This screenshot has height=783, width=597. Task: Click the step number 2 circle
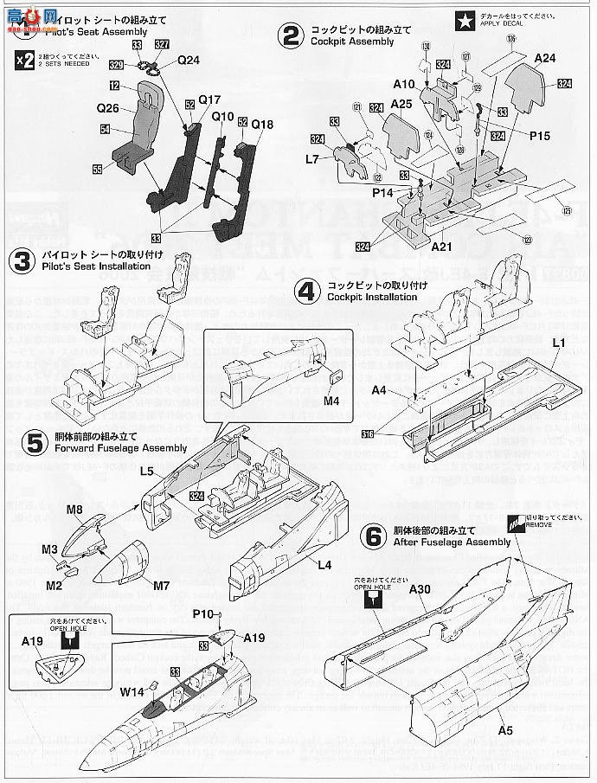290,35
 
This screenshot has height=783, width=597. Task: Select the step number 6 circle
373,536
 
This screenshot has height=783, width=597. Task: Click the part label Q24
189,61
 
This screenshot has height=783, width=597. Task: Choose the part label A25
401,103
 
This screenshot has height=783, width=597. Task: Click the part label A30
419,589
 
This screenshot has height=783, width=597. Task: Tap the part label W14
132,691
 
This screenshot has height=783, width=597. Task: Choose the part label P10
203,613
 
